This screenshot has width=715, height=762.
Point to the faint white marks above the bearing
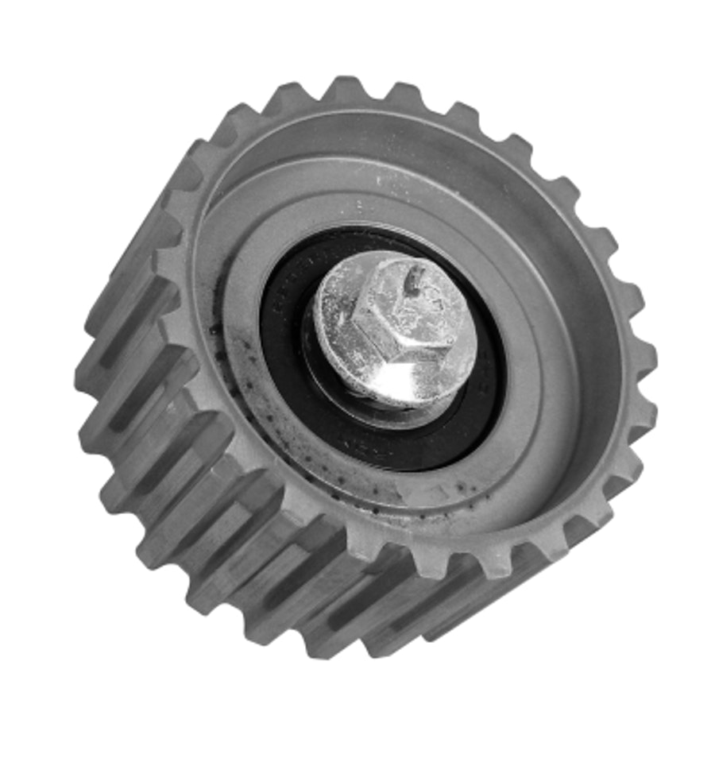point(389,183)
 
